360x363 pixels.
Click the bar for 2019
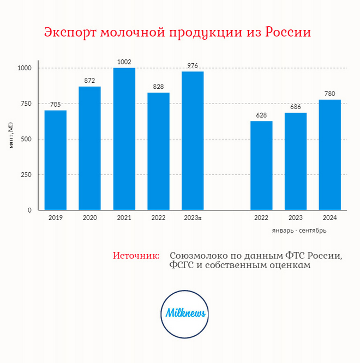pyautogui.click(x=56, y=160)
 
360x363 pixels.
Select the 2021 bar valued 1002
pyautogui.click(x=124, y=139)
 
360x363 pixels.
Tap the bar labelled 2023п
pyautogui.click(x=193, y=141)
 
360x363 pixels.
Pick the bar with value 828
pyautogui.click(x=158, y=151)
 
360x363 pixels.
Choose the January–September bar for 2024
pyautogui.click(x=329, y=155)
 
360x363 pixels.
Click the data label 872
pyautogui.click(x=89, y=81)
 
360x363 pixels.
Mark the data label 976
pyautogui.click(x=193, y=66)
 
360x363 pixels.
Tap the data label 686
pyautogui.click(x=296, y=107)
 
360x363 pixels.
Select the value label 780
pyautogui.click(x=329, y=94)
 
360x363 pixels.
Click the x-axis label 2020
pyautogui.click(x=90, y=218)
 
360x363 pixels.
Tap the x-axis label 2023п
pyautogui.click(x=193, y=218)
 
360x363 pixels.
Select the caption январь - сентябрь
pyautogui.click(x=299, y=231)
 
